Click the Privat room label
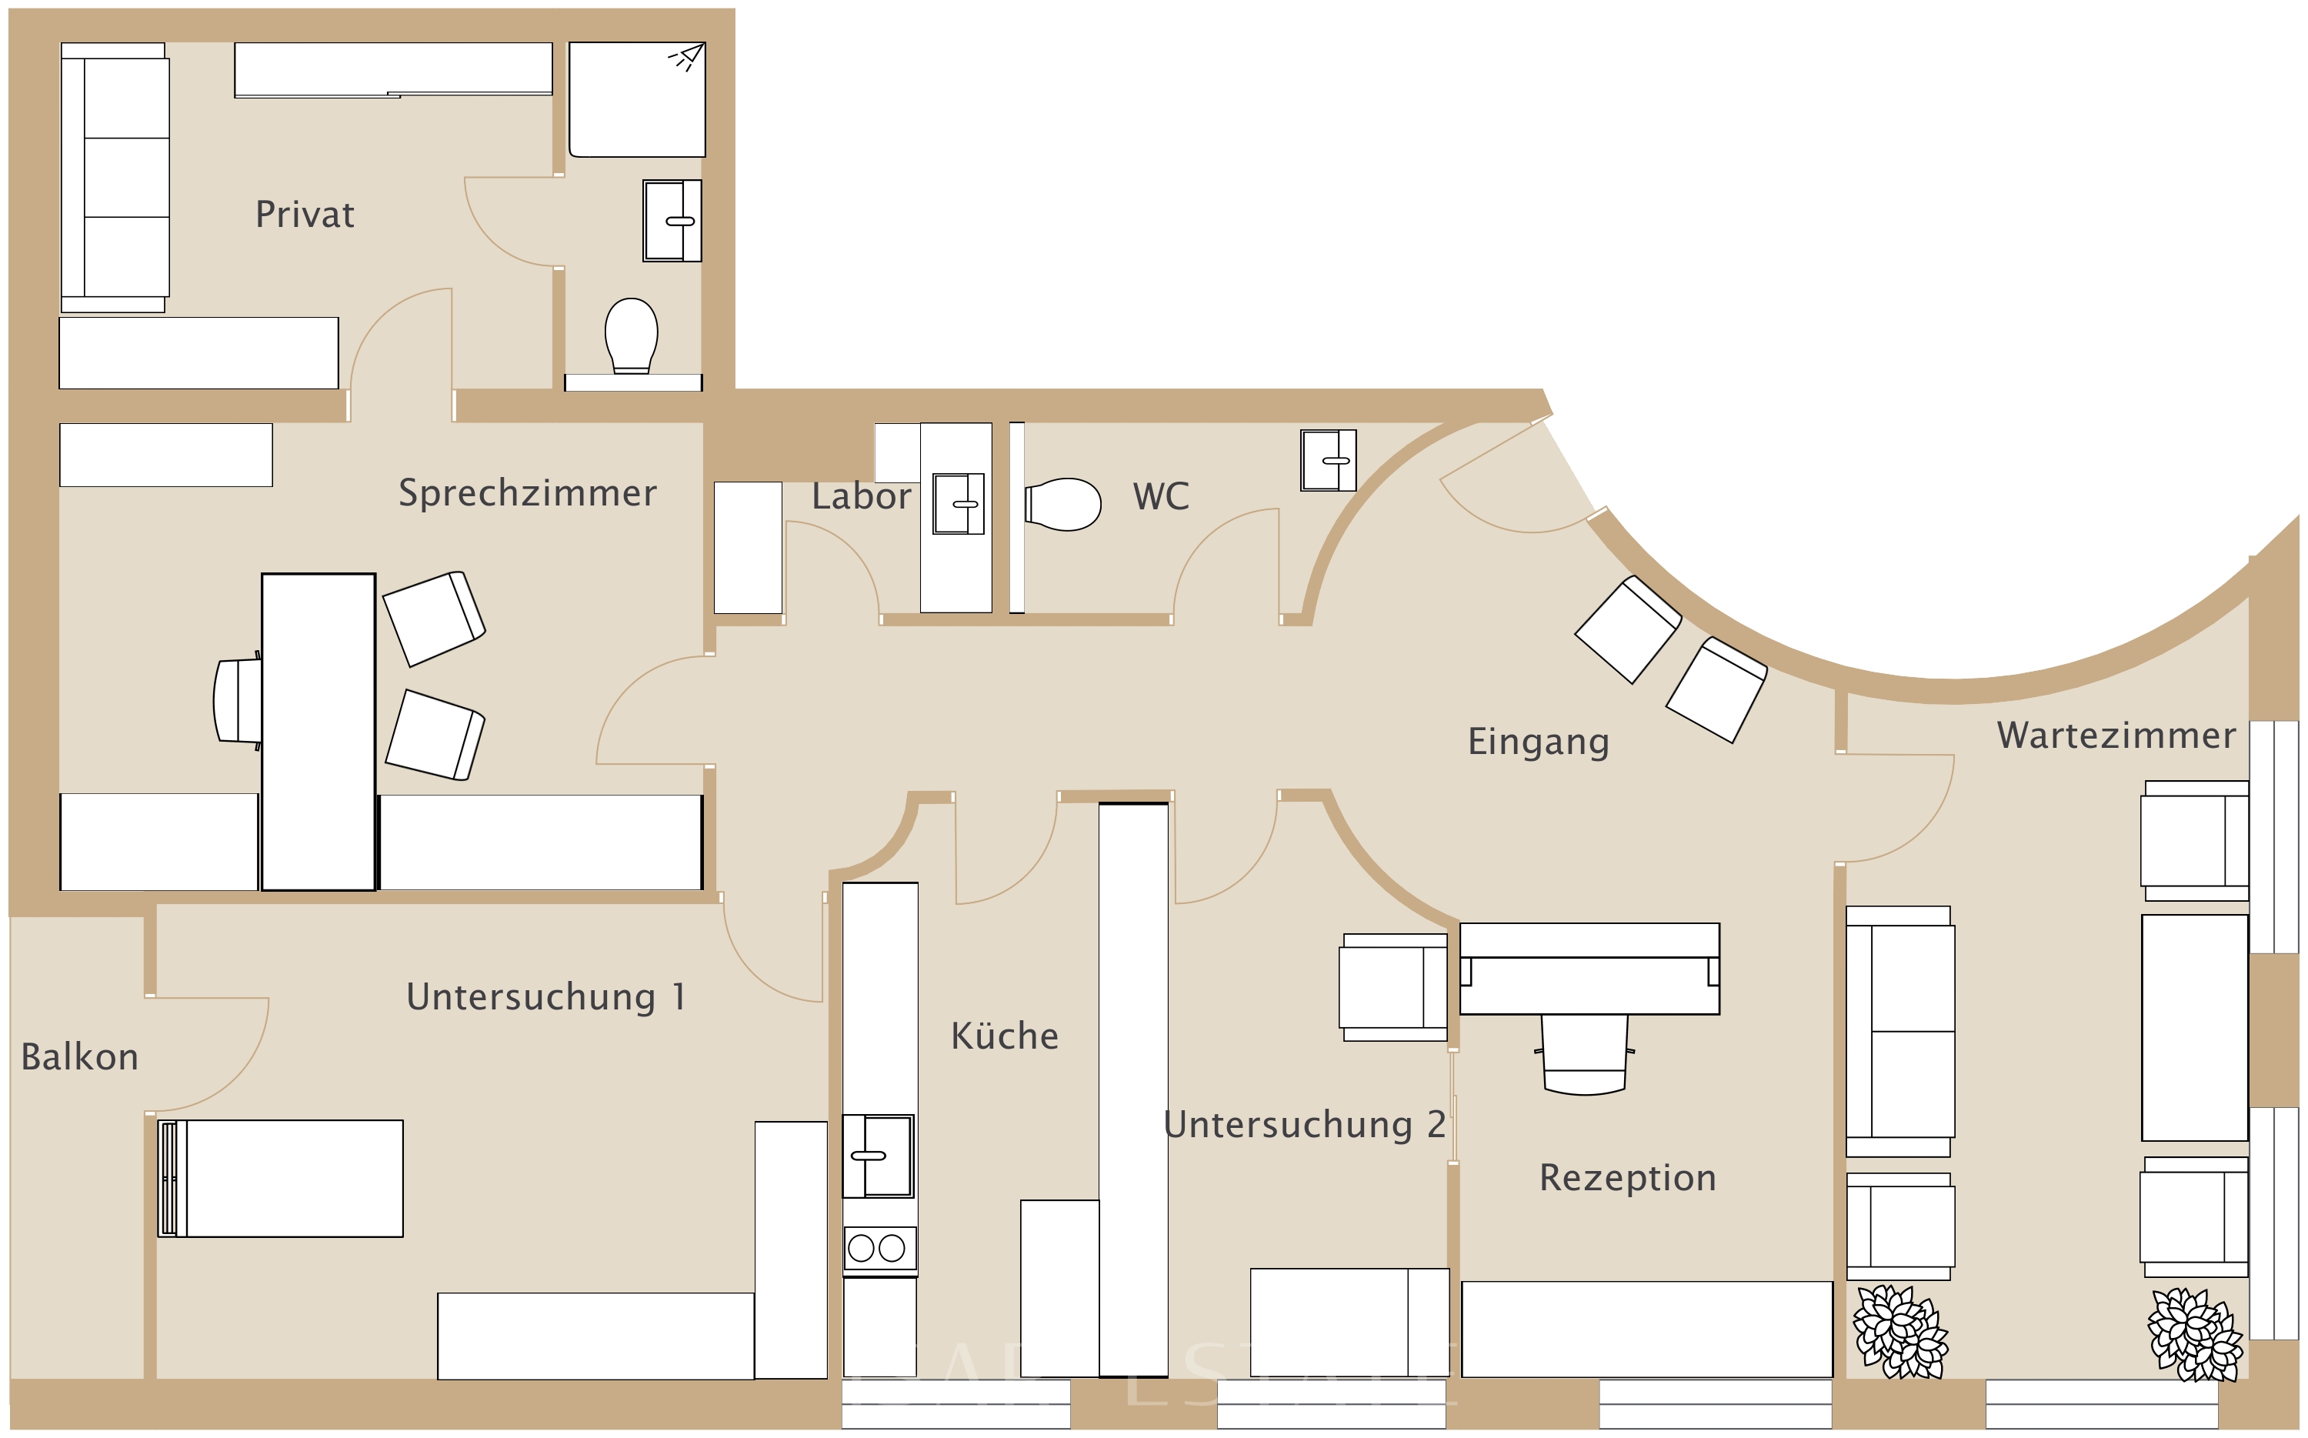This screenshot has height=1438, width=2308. [x=305, y=215]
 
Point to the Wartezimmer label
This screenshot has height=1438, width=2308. [x=2116, y=736]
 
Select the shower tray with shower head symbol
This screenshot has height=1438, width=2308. [x=637, y=99]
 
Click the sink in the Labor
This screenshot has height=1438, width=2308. [x=957, y=504]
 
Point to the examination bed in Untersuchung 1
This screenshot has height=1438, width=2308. [x=281, y=1179]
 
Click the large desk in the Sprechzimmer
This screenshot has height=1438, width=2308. [x=319, y=732]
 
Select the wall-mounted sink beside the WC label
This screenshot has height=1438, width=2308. [x=1328, y=460]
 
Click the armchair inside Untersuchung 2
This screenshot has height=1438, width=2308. [x=1393, y=986]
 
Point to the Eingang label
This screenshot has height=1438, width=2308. [x=1538, y=742]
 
